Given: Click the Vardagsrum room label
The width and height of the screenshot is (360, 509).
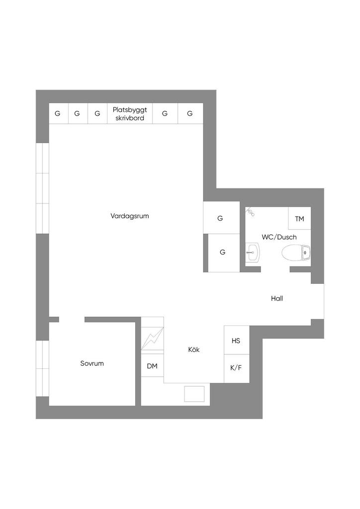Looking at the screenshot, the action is pos(130,216).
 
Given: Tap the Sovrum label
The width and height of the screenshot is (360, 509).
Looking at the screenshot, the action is pos(92,363).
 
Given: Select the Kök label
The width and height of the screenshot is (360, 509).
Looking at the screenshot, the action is pos(194,349).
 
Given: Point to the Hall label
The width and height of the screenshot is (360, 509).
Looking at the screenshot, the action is pos(277,299).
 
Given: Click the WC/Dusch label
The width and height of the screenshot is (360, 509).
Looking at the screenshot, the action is pos(279,237).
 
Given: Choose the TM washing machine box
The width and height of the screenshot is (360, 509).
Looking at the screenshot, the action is pos(299,219).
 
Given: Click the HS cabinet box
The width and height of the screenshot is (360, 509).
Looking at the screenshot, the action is pos(236,340).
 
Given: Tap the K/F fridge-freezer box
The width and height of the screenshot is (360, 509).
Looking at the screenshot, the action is pos(236,368).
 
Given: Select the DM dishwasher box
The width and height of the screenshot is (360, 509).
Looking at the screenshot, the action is pos(152,366).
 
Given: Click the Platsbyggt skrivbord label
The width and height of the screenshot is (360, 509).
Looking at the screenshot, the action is pos(130,114).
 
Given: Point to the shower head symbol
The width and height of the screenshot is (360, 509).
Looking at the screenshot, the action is pos(250,213).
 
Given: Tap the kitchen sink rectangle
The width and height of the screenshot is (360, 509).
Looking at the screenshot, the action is pos(194,394).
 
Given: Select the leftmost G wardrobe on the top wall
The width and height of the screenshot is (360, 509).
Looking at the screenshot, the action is pos(58,114).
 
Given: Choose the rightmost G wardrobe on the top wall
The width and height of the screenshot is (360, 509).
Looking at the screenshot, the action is pos(190,114).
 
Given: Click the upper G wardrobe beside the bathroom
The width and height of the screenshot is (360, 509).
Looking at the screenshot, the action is pos(220,218).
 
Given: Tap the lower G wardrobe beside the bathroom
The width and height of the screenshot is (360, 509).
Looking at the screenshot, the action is pos(223,253).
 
